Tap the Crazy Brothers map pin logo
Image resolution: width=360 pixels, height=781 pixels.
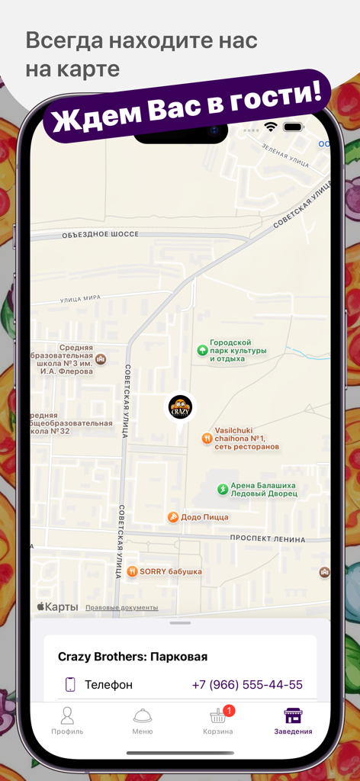[x=180, y=407]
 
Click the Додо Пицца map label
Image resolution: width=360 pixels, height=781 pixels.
[x=204, y=517]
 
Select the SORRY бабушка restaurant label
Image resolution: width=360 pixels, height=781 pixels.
[x=170, y=571]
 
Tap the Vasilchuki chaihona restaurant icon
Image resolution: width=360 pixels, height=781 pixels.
[x=207, y=439]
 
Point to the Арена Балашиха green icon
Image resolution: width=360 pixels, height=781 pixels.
[x=223, y=489]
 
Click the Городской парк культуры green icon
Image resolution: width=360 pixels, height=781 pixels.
[x=202, y=350]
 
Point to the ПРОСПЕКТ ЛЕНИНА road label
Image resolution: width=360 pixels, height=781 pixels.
[x=268, y=539]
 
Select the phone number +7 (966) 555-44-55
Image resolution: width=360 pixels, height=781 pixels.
[x=246, y=685]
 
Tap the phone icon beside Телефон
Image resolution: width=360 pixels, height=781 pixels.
[x=70, y=685]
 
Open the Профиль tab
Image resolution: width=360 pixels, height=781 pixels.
[x=67, y=721]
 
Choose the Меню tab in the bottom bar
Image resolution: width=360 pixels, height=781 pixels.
[x=143, y=721]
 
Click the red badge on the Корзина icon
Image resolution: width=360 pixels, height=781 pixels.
[x=229, y=711]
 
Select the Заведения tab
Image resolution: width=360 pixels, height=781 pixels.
[x=293, y=721]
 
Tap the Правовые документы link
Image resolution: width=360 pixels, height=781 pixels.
[x=122, y=608]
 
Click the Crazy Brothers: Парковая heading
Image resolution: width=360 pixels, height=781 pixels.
[x=133, y=657]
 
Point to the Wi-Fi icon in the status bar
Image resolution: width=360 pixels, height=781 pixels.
[x=270, y=127]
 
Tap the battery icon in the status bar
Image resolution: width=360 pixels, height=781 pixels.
[x=293, y=127]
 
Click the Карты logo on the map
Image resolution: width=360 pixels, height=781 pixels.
[x=57, y=607]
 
